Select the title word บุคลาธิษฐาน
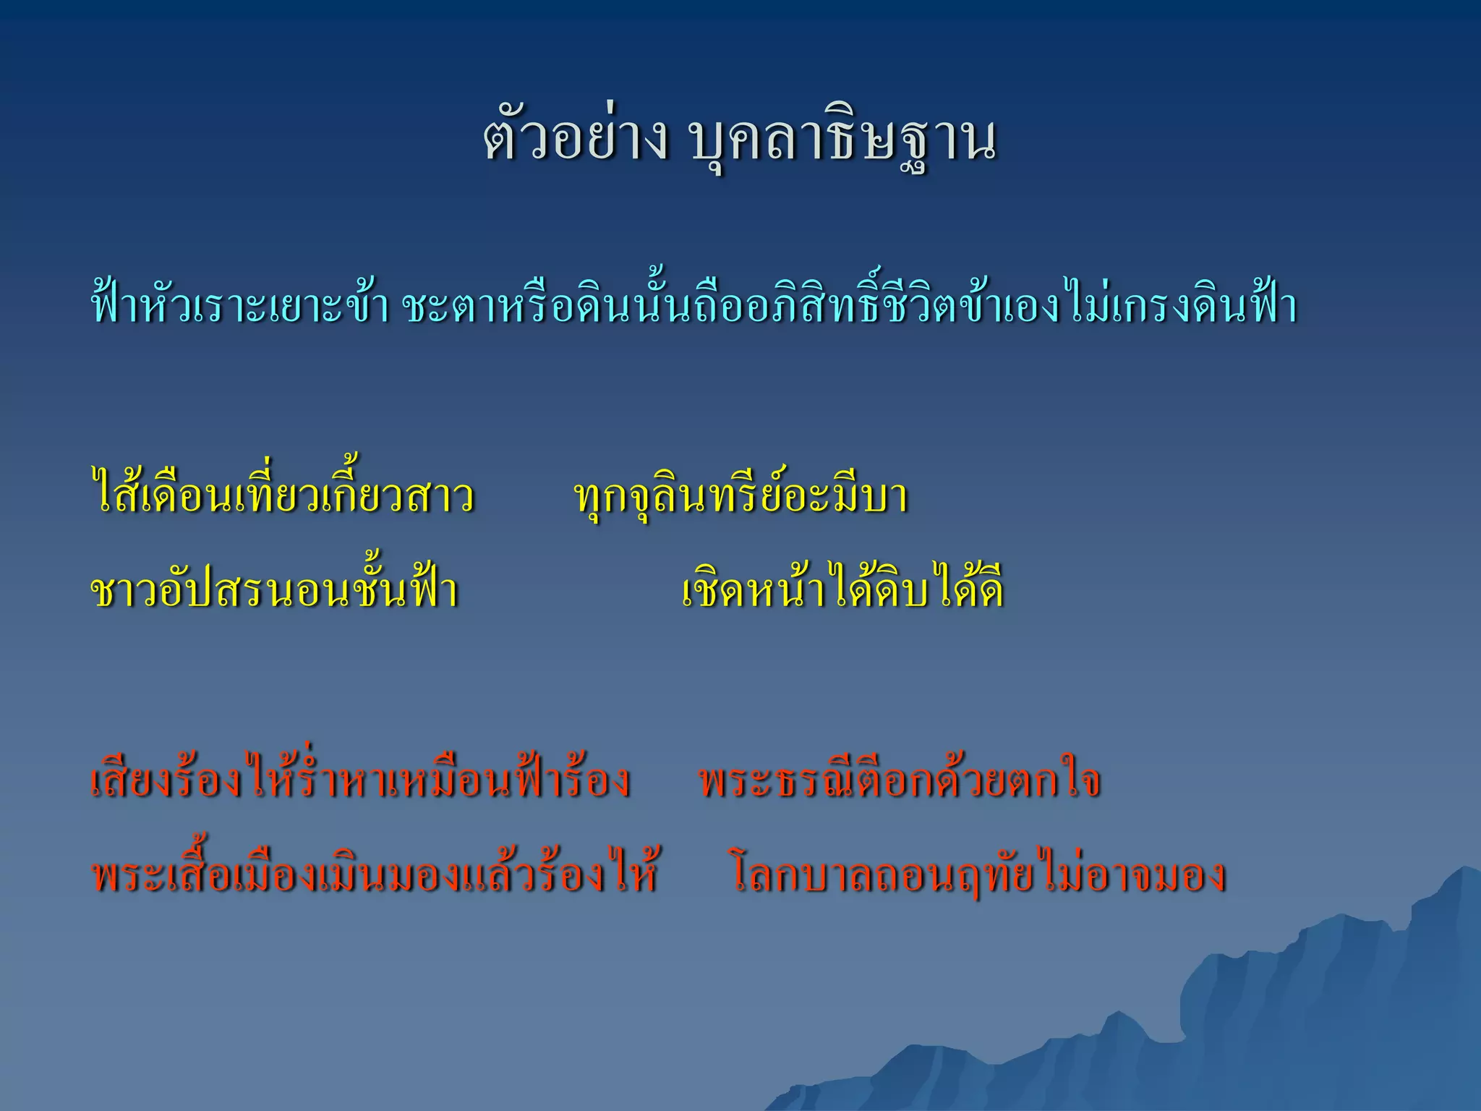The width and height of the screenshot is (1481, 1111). (843, 142)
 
